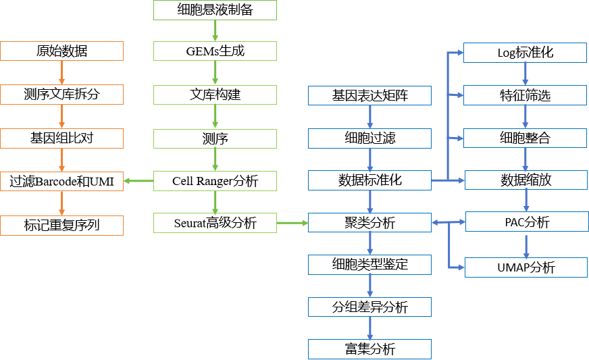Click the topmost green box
[x=215, y=10]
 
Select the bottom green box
[x=215, y=223]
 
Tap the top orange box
[x=61, y=51]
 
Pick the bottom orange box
[x=61, y=226]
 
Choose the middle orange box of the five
[x=61, y=138]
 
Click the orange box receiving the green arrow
[x=61, y=181]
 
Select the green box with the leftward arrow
[x=215, y=181]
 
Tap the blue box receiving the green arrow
[x=369, y=222]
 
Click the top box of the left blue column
[x=369, y=95]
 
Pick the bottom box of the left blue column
[x=369, y=349]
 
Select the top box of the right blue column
[x=525, y=53]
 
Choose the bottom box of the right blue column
[x=526, y=267]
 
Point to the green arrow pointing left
[x=138, y=181]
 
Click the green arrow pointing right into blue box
[x=292, y=222]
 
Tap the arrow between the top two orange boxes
[x=61, y=73]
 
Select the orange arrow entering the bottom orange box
[x=61, y=203]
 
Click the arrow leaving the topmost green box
[x=215, y=30]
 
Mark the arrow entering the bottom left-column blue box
[x=369, y=328]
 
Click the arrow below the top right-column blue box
[x=525, y=74]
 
